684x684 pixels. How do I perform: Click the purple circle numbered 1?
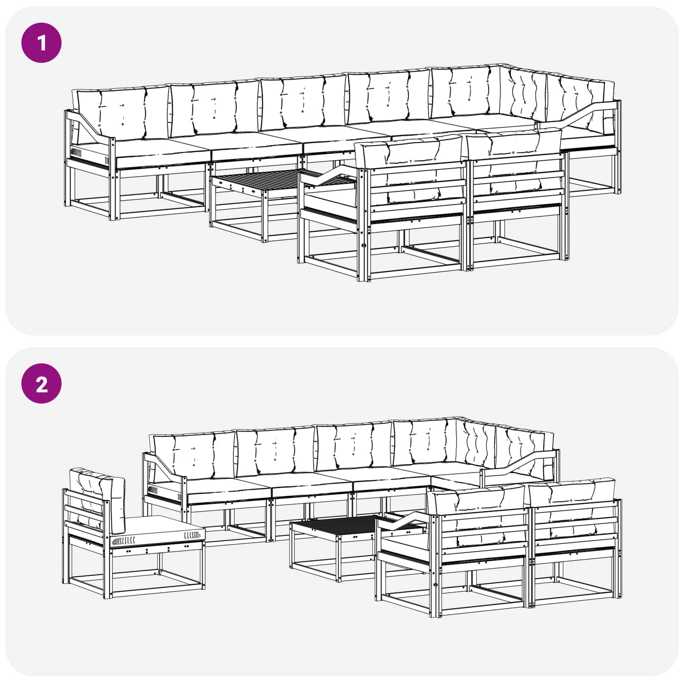41,43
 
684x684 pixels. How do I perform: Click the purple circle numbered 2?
41,383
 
